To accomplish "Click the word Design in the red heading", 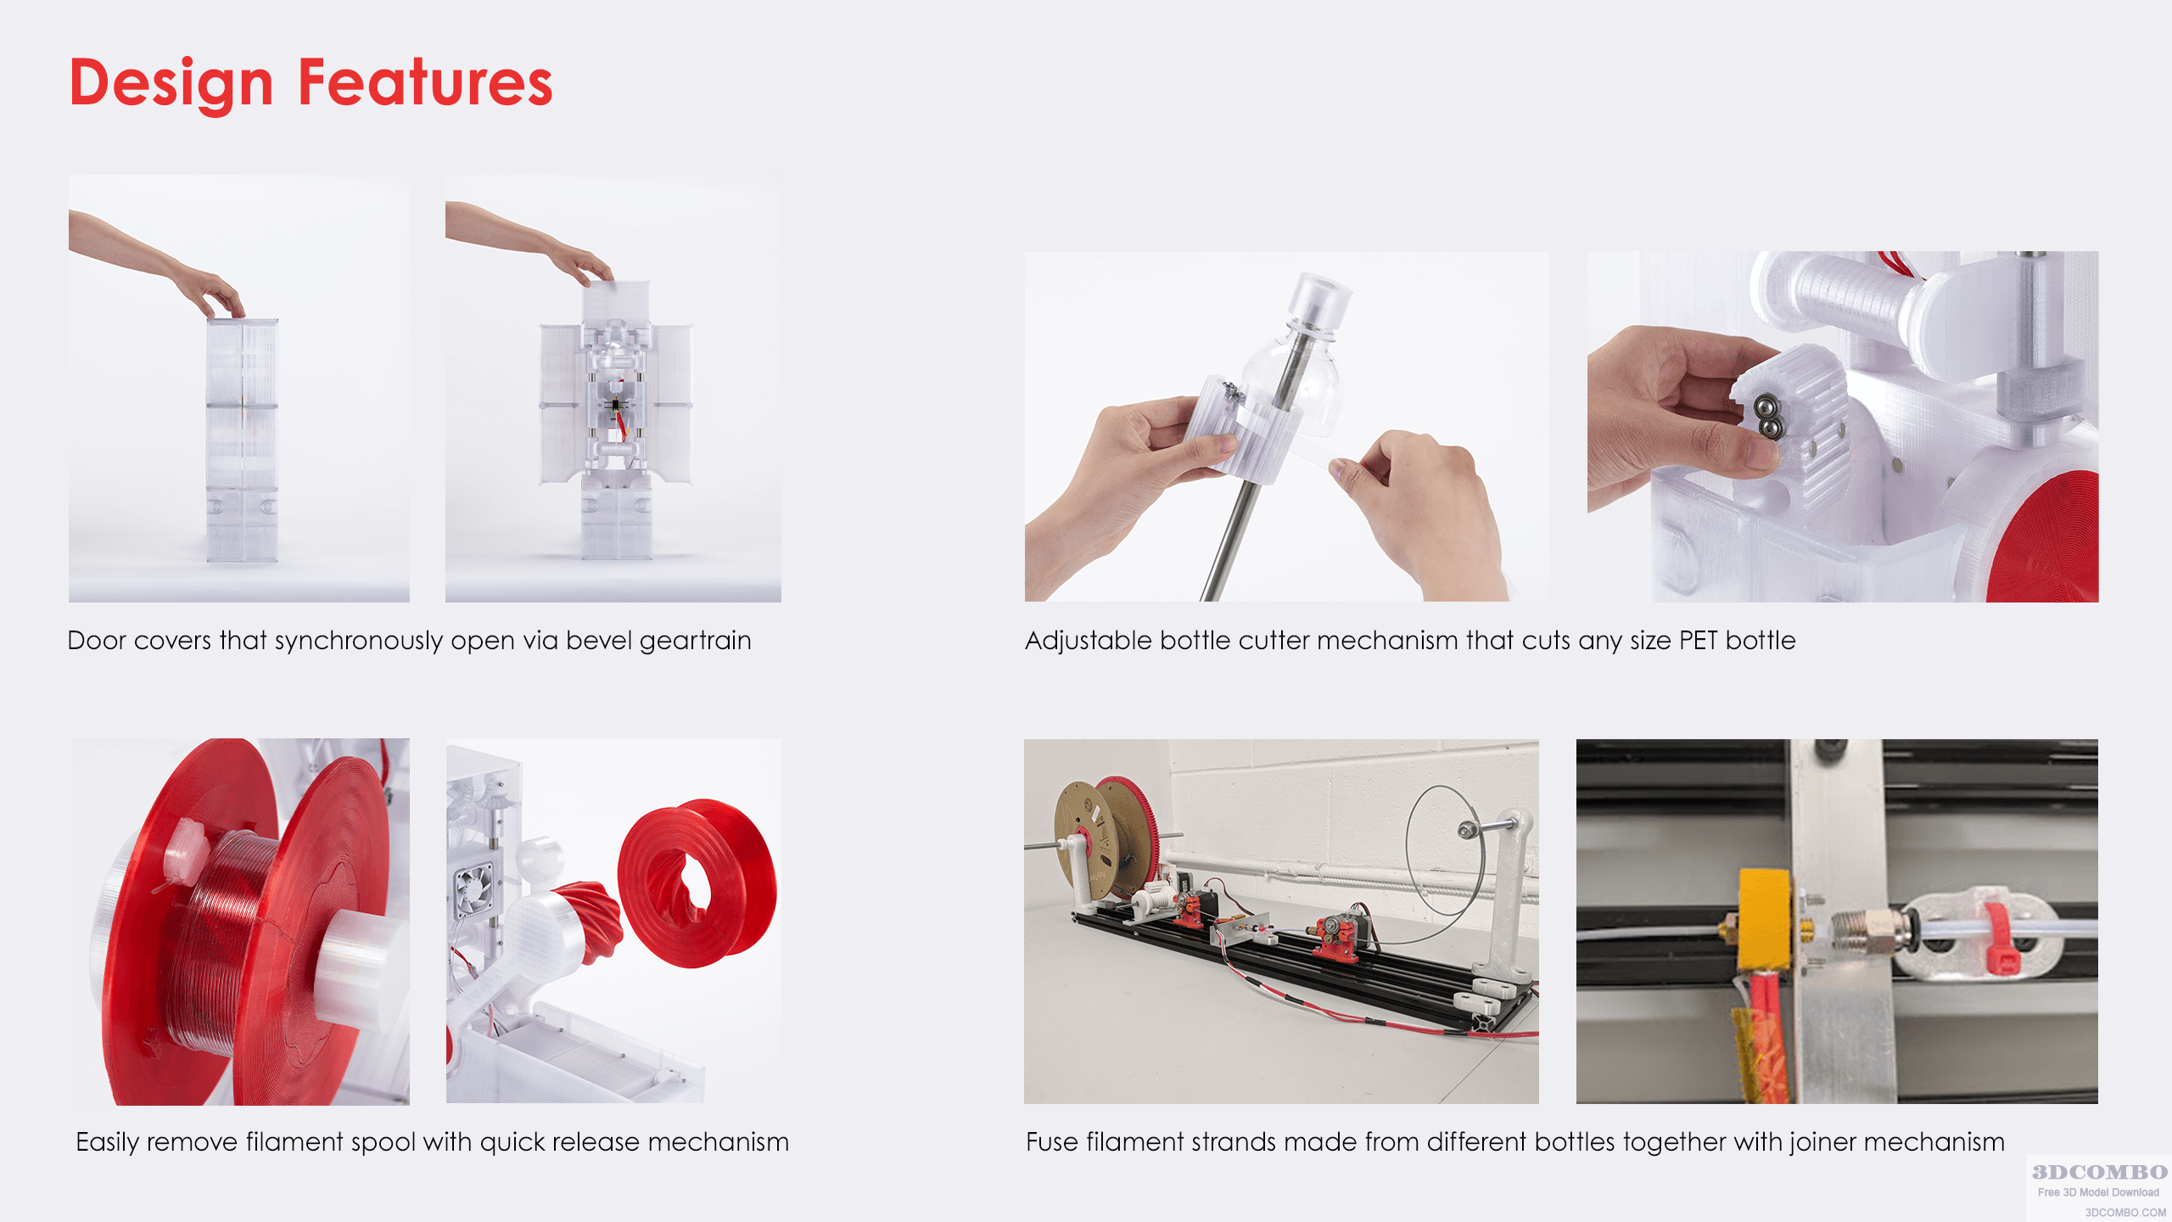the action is tap(171, 84).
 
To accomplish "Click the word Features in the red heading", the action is tap(426, 82).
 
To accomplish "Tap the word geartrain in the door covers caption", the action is tap(696, 641).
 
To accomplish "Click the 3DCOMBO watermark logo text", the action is tap(2099, 1172).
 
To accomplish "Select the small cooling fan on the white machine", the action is tap(473, 885).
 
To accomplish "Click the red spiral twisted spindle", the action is tap(590, 920).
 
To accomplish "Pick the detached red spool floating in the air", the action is tap(696, 883).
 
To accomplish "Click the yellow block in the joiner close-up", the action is tap(1765, 919).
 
